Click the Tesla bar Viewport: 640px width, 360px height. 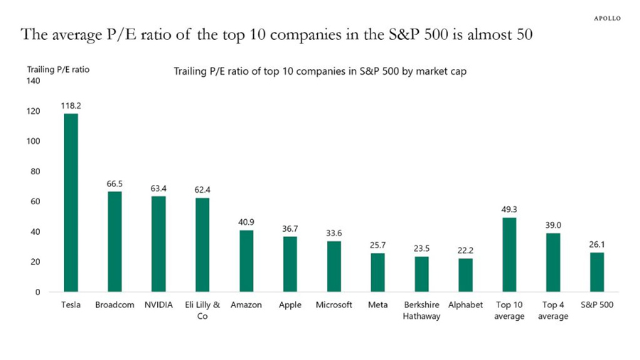71,203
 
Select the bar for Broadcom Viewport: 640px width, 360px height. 115,242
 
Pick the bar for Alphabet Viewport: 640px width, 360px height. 466,275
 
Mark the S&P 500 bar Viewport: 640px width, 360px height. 597,272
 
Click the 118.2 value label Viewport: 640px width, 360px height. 71,105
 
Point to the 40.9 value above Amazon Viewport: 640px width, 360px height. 247,222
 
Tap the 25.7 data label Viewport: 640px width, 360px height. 378,245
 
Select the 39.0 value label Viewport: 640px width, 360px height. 553,225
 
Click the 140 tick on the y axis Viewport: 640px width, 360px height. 33,81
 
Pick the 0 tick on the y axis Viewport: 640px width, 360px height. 38,292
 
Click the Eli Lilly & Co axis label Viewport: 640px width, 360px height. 202,310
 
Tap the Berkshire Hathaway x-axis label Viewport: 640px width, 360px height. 422,310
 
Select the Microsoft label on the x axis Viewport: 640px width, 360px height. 334,305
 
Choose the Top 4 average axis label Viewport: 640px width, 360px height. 553,310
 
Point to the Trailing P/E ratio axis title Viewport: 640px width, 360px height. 58,69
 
